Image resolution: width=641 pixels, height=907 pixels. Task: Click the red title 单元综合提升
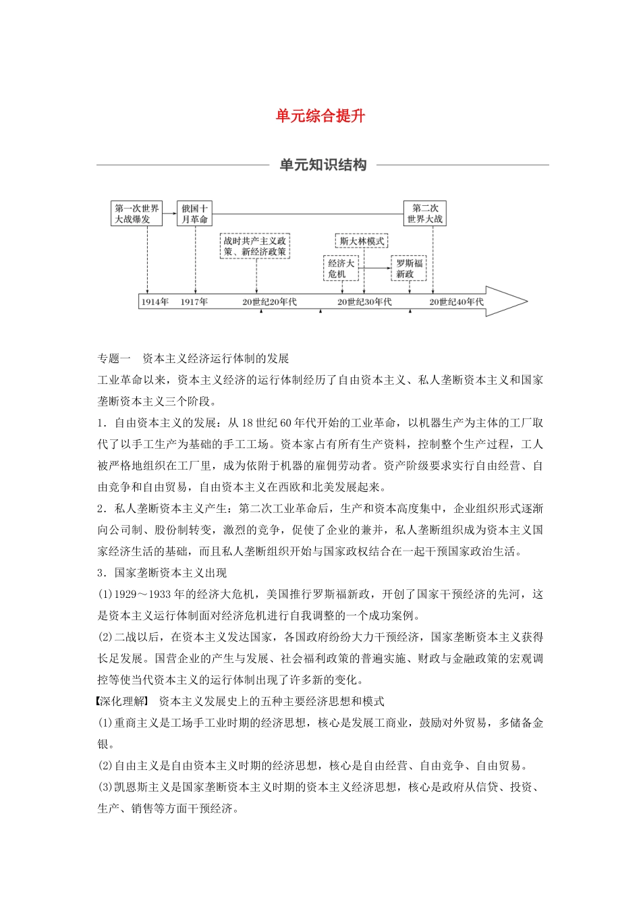click(x=320, y=116)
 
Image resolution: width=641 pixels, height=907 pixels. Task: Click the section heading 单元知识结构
click(x=323, y=165)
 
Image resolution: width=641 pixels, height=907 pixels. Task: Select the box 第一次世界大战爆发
click(x=137, y=214)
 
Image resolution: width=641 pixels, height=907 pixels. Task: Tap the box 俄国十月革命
click(x=194, y=214)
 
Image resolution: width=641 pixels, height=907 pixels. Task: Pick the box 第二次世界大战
click(x=425, y=214)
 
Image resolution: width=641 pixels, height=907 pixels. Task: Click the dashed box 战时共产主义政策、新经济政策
click(x=256, y=246)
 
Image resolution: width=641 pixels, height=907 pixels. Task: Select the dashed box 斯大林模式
click(x=362, y=241)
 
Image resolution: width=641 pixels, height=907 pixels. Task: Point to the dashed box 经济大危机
click(x=341, y=269)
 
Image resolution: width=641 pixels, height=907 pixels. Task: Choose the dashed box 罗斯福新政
click(x=409, y=269)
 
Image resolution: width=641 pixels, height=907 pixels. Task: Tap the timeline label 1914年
click(x=155, y=302)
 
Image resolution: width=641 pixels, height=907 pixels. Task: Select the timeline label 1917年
click(x=194, y=302)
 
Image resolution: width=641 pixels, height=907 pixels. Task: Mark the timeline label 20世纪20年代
click(x=269, y=302)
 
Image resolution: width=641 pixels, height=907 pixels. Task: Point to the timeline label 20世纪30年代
click(x=364, y=302)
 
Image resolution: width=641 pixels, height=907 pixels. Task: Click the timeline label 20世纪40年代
click(x=457, y=302)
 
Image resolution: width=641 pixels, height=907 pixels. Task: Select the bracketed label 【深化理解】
click(x=121, y=701)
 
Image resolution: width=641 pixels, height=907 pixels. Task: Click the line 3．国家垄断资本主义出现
click(x=162, y=573)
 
